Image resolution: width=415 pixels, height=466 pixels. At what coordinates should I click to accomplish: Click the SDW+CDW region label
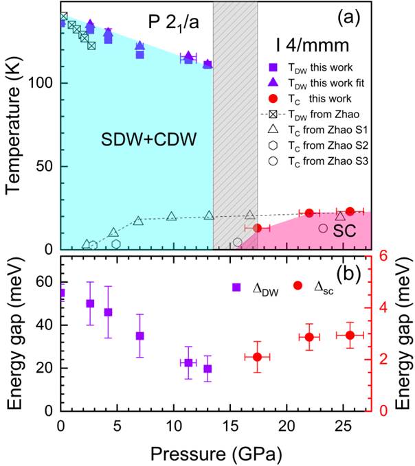137,139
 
